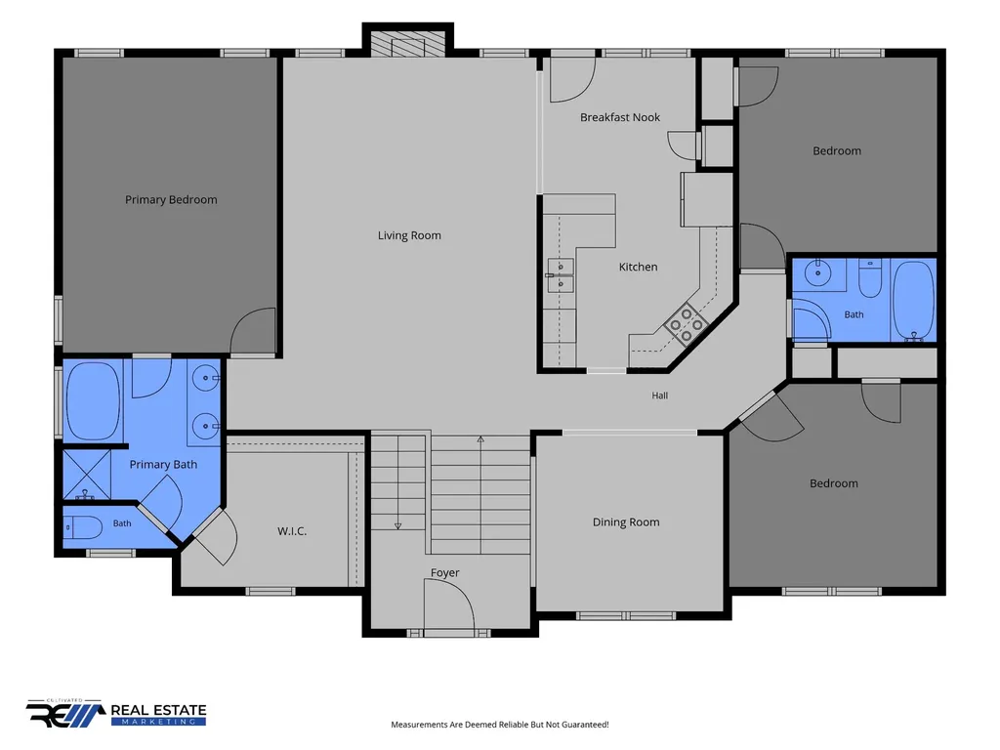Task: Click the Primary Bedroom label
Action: [x=171, y=199]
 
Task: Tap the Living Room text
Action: [x=409, y=235]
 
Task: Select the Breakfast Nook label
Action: [x=620, y=117]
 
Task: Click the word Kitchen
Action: [x=638, y=267]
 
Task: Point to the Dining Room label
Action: [x=626, y=522]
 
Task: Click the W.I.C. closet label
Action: [x=292, y=530]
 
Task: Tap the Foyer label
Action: [x=444, y=572]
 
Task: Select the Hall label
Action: [x=660, y=396]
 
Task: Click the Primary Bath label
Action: [x=163, y=464]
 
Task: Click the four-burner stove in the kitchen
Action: [x=687, y=324]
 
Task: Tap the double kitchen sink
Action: [x=560, y=275]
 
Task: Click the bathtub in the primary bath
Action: [x=93, y=401]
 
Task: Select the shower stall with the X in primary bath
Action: [x=87, y=475]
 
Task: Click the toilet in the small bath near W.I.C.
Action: [x=84, y=527]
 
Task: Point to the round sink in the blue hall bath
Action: [x=817, y=273]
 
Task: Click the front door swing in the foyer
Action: [x=449, y=604]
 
